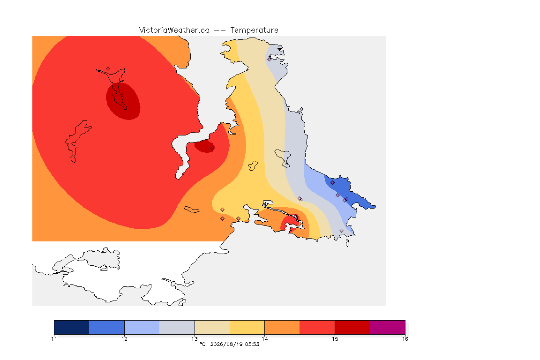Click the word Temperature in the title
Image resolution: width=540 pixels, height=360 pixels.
(254, 30)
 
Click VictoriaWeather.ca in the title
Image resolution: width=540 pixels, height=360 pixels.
(174, 30)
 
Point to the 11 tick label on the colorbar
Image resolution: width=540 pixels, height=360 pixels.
(54, 339)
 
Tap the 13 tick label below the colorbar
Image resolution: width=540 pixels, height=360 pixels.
(195, 339)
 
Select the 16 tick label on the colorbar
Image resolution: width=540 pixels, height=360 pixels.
(405, 339)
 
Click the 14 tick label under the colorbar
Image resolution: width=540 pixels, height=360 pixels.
(264, 339)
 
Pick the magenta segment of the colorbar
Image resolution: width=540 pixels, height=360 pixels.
(388, 327)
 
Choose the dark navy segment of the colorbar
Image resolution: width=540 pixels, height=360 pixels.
(72, 327)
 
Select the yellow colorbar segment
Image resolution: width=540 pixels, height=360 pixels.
(247, 327)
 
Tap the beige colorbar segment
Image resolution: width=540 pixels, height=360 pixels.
(212, 327)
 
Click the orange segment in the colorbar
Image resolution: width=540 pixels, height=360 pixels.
(282, 327)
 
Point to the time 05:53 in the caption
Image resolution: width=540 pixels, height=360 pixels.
(252, 344)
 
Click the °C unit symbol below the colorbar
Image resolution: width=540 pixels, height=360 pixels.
(202, 344)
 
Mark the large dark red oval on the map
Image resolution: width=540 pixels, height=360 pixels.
(123, 101)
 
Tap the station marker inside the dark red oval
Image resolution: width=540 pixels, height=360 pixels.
(122, 95)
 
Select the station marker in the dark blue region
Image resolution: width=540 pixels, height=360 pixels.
(332, 183)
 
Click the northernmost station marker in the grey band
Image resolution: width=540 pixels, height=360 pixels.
(270, 59)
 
